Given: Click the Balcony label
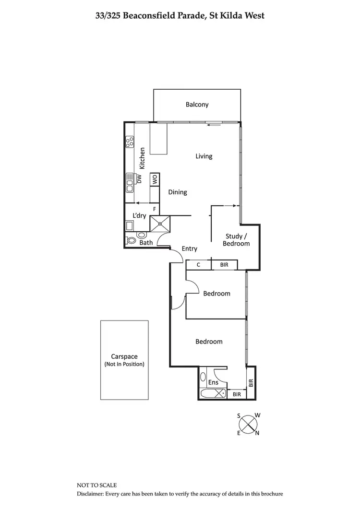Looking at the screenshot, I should [x=197, y=105].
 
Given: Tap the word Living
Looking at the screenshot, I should [x=204, y=156].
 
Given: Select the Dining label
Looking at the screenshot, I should [x=177, y=192].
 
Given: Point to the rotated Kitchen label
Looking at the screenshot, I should [x=142, y=158].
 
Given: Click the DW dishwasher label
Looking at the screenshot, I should [x=140, y=179].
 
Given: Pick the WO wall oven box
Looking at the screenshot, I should [x=155, y=179].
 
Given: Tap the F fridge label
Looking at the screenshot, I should [x=154, y=209].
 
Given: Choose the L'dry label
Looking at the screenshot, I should [x=139, y=216].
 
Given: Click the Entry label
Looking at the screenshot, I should [x=189, y=249].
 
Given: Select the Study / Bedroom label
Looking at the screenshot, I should [x=236, y=240].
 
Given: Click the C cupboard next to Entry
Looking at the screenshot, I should [x=198, y=264].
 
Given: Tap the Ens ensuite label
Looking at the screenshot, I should [x=214, y=382].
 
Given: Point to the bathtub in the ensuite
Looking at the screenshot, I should [x=212, y=394].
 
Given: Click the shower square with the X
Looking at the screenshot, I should [x=160, y=223].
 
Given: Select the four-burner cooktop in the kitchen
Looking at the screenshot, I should [x=129, y=142].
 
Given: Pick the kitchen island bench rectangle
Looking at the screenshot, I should [x=159, y=139].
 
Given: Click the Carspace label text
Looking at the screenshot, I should [x=124, y=356].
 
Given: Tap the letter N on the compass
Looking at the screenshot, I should [x=257, y=433].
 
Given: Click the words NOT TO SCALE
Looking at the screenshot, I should [x=96, y=485].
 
